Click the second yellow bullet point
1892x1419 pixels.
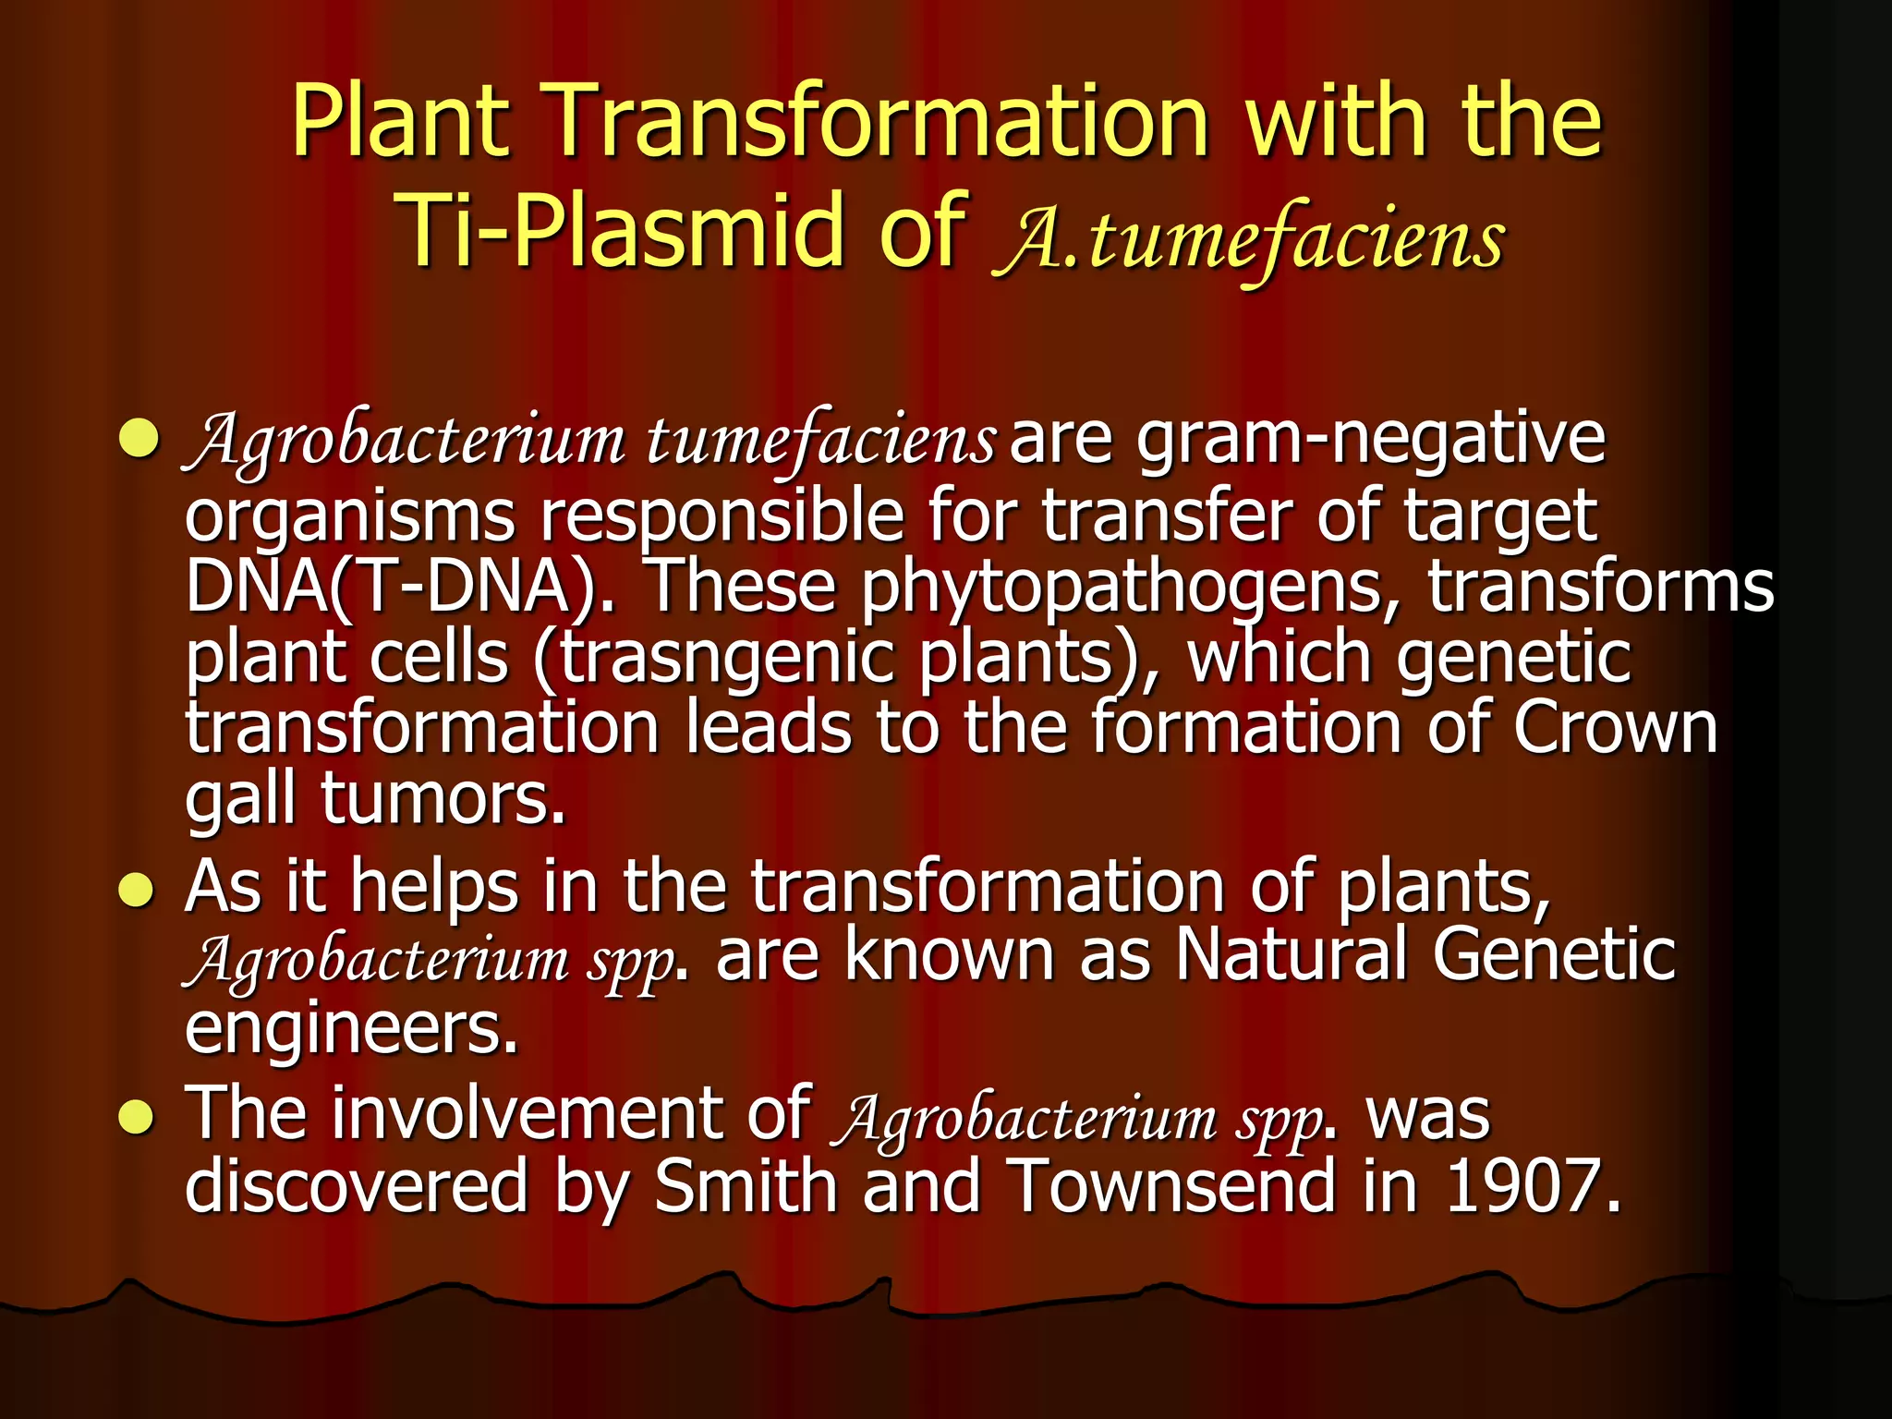click(138, 891)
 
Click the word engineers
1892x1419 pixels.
click(351, 1029)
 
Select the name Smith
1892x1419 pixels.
click(745, 1186)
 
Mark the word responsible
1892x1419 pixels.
click(722, 516)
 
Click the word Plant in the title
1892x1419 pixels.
click(401, 122)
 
